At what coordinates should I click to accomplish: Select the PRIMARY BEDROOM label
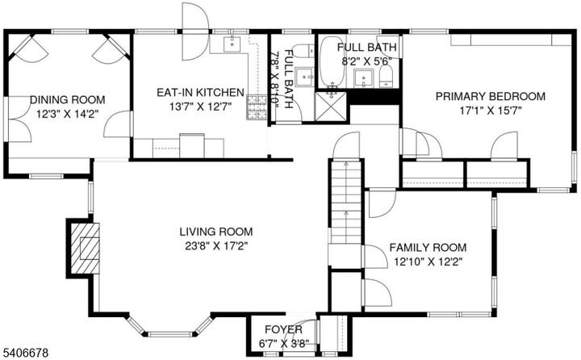[x=490, y=96]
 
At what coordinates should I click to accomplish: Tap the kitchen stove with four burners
[x=257, y=105]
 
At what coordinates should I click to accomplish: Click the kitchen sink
[x=230, y=43]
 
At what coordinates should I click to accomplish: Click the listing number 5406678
[x=27, y=352]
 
